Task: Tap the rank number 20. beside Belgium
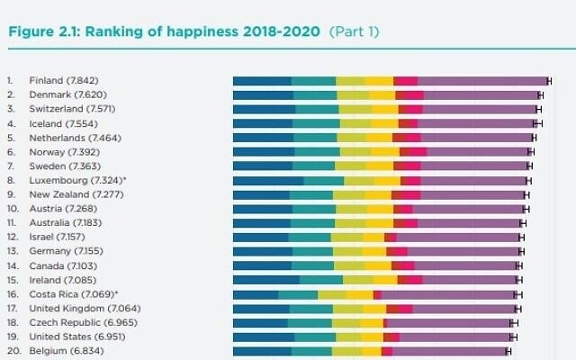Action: (x=12, y=350)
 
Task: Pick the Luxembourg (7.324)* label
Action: (x=77, y=180)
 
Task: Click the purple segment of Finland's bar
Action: (x=482, y=81)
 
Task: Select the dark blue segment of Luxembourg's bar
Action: (x=268, y=180)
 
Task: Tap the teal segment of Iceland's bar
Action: (x=317, y=123)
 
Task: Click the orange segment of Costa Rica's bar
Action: (x=359, y=294)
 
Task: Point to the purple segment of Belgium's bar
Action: (x=449, y=351)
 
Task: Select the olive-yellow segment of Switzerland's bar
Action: (x=355, y=109)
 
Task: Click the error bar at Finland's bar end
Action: (x=549, y=81)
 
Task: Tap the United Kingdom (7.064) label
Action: (x=76, y=308)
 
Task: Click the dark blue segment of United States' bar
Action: (x=263, y=337)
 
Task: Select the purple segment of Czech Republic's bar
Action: (x=449, y=322)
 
